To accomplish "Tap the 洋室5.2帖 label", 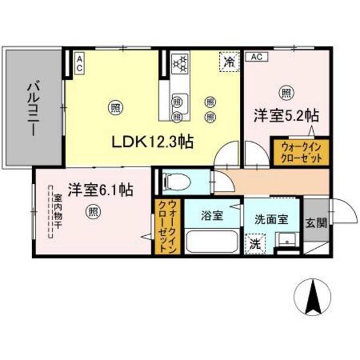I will pyautogui.click(x=286, y=117).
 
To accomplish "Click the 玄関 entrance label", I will pyautogui.click(x=315, y=223).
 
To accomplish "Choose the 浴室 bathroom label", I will pyautogui.click(x=212, y=215).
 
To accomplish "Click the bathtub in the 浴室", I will pyautogui.click(x=212, y=242).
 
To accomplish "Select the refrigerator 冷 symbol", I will pyautogui.click(x=228, y=62).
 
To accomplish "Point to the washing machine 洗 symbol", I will pyautogui.click(x=255, y=244).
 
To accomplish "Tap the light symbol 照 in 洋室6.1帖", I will pyautogui.click(x=94, y=210).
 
